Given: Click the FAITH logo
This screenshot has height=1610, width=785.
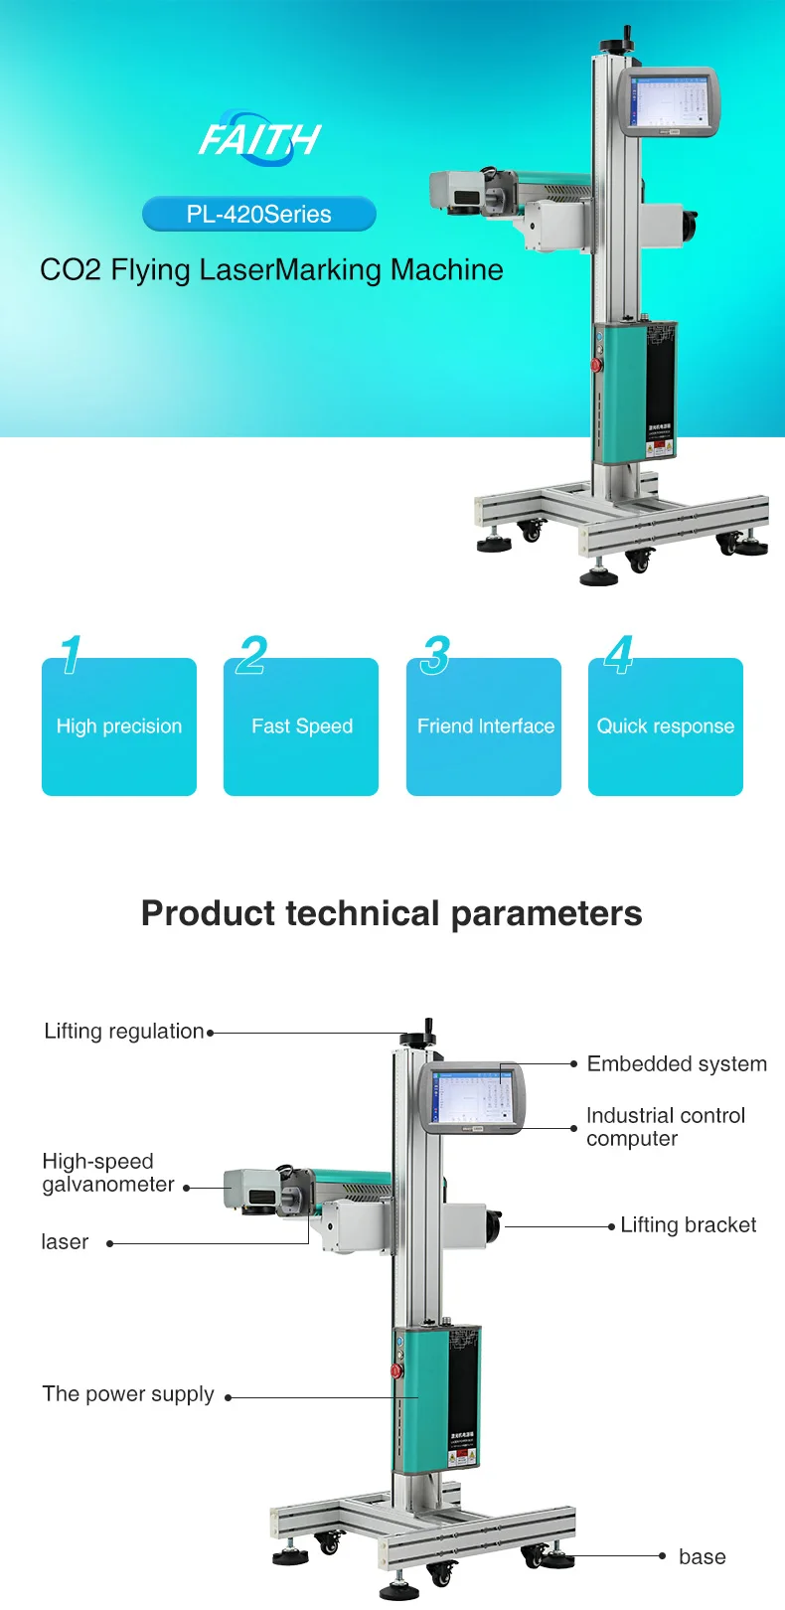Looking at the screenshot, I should pyautogui.click(x=259, y=137).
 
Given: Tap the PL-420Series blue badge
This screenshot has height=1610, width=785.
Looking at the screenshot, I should pyautogui.click(x=259, y=214).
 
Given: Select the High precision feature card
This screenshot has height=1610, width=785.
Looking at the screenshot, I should pyautogui.click(x=119, y=726).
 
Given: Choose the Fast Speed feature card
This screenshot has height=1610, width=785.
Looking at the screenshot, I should pyautogui.click(x=301, y=726).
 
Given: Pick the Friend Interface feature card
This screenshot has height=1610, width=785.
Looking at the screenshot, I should pyautogui.click(x=484, y=726).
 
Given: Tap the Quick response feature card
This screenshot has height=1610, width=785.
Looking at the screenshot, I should pyautogui.click(x=666, y=726).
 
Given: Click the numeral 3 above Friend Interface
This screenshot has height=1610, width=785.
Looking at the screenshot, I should pyautogui.click(x=434, y=655).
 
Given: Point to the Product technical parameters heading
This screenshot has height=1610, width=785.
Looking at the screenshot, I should pyautogui.click(x=392, y=912).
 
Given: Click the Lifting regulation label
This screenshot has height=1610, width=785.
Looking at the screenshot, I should pyautogui.click(x=124, y=1031).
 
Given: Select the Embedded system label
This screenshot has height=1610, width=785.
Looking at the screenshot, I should pyautogui.click(x=677, y=1063).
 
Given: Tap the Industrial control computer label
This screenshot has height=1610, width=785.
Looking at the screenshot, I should pyautogui.click(x=665, y=1127).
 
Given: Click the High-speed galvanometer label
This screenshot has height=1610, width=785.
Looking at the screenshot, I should pyautogui.click(x=107, y=1173).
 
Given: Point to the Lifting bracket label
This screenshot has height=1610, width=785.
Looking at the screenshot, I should pyautogui.click(x=688, y=1224).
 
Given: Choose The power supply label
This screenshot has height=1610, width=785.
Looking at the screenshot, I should pyautogui.click(x=128, y=1393).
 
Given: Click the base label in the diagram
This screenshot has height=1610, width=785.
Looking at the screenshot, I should pyautogui.click(x=702, y=1556).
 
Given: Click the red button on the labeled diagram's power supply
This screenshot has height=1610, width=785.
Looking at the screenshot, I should pyautogui.click(x=397, y=1370).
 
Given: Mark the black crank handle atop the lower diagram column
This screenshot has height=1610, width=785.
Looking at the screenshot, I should pyautogui.click(x=428, y=1031).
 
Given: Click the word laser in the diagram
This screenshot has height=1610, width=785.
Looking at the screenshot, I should pyautogui.click(x=65, y=1241).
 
